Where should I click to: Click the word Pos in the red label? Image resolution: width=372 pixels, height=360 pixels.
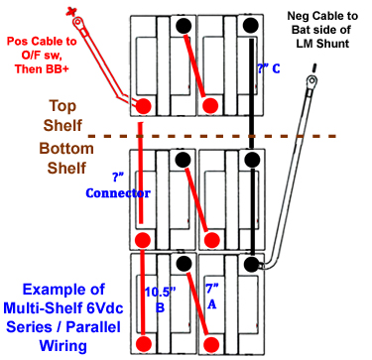(x=20, y=42)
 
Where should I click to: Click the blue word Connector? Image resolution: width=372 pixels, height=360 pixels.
(x=118, y=192)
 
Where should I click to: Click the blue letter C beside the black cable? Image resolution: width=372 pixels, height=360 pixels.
(x=274, y=70)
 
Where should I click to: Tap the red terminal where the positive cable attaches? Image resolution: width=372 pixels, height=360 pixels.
(x=144, y=105)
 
